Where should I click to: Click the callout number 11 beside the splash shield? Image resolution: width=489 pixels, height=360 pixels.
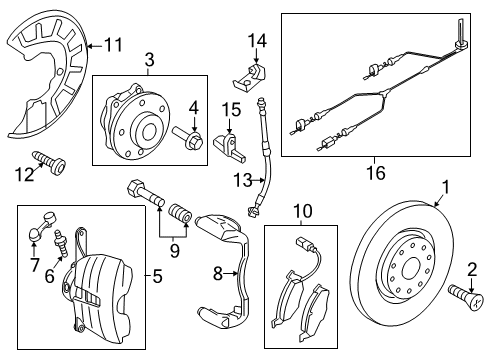click(113, 45)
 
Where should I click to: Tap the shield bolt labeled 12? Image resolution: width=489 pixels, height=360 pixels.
click(49, 161)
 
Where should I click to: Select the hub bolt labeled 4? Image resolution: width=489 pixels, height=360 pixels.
click(188, 139)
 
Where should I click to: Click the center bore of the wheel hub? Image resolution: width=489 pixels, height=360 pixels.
click(149, 132)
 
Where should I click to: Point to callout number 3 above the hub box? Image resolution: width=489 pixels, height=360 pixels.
click(150, 60)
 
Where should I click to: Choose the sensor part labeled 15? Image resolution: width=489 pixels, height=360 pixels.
click(229, 145)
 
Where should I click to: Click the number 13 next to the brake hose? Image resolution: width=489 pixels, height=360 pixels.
click(242, 180)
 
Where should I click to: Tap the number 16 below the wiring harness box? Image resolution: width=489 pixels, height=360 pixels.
click(376, 173)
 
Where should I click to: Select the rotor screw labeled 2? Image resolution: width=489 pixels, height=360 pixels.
click(466, 297)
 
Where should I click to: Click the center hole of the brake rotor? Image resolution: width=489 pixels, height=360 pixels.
click(410, 270)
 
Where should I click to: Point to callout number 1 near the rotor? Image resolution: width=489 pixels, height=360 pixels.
click(446, 187)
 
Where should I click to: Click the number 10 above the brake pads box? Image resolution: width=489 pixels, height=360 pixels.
click(303, 211)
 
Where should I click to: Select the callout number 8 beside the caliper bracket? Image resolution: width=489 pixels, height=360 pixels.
click(217, 274)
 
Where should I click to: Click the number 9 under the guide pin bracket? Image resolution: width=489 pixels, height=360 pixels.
click(175, 250)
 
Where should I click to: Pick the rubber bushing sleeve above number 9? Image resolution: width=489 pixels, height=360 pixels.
click(180, 214)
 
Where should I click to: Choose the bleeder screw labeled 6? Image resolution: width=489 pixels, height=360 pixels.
click(61, 243)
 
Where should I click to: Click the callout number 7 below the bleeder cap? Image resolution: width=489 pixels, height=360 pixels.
click(34, 264)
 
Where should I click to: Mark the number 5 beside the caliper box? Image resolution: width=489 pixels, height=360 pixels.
click(157, 276)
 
